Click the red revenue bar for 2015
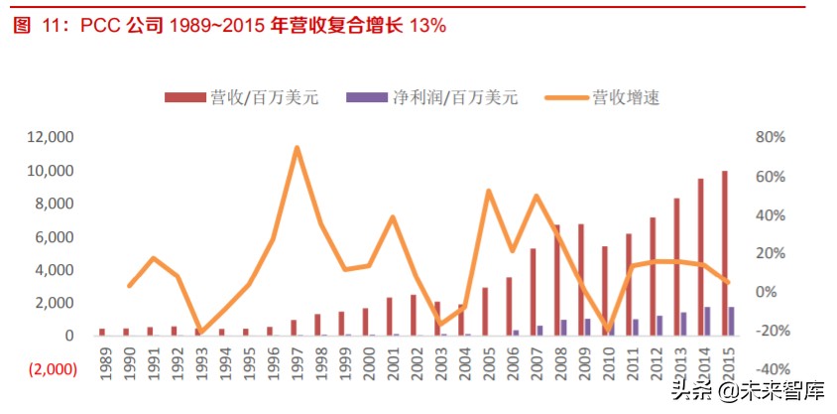pos(724,253)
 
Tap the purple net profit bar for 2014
pos(707,321)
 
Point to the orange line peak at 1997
pos(297,148)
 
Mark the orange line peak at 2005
pos(489,191)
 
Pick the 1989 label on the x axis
pos(103,365)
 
